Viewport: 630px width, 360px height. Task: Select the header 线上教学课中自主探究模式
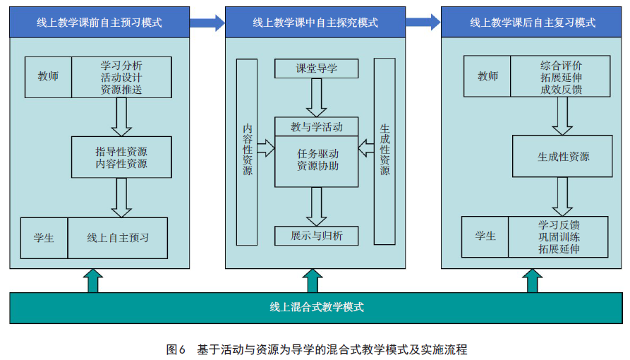(315, 23)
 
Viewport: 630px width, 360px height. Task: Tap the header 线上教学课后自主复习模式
(533, 23)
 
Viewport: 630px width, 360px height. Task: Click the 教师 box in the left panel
(48, 77)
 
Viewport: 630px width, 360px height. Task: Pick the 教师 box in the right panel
(487, 76)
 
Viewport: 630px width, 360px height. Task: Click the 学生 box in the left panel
(44, 238)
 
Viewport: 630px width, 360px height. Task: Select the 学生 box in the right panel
(485, 236)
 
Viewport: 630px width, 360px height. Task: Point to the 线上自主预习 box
(119, 238)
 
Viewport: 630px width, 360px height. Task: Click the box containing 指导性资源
(121, 157)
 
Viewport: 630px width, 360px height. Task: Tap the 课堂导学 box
(316, 68)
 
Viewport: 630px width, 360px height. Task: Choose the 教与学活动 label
(316, 127)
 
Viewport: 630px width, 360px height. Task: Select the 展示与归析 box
(316, 236)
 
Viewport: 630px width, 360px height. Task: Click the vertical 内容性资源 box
(247, 150)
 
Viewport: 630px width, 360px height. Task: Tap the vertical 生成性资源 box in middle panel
(384, 150)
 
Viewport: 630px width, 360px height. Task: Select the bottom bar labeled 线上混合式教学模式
(316, 307)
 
